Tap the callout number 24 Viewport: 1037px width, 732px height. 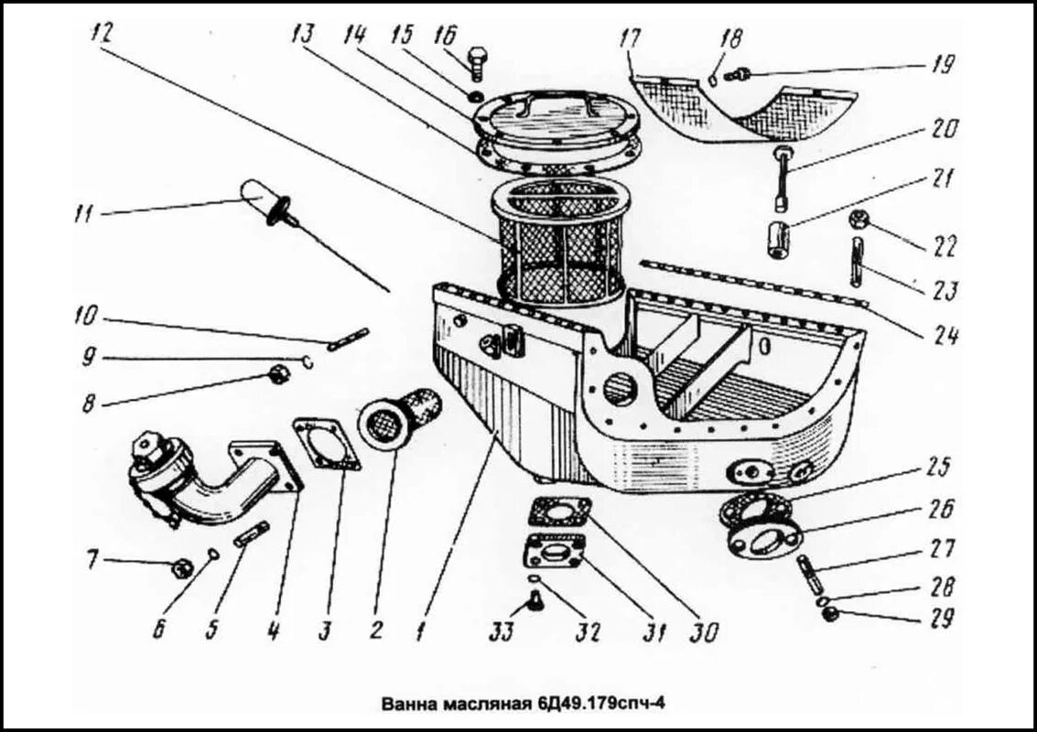click(x=945, y=336)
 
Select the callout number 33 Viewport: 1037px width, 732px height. click(x=502, y=630)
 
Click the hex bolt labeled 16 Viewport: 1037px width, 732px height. click(x=479, y=65)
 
